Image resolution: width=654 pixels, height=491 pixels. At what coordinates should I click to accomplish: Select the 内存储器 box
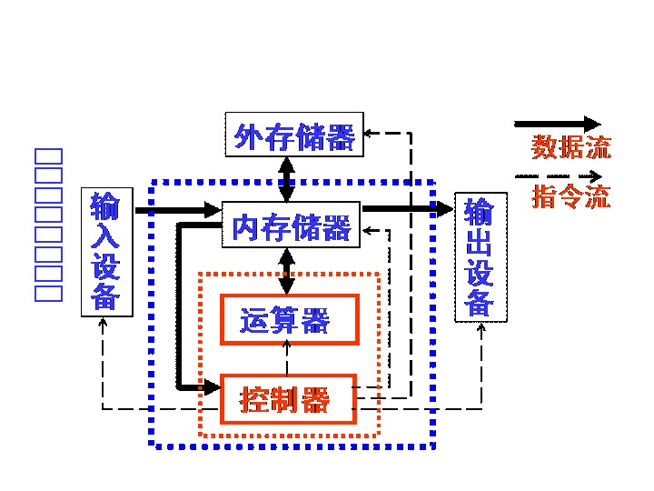[x=291, y=225]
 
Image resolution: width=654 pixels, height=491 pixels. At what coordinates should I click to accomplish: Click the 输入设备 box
[x=106, y=252]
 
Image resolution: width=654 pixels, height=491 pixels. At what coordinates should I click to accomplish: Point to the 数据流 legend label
[x=570, y=147]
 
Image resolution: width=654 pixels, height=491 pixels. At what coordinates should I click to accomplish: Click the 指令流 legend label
[x=570, y=195]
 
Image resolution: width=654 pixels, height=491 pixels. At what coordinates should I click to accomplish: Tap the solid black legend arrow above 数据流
[x=558, y=123]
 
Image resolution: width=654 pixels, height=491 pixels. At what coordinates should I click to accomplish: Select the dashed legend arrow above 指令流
[x=558, y=175]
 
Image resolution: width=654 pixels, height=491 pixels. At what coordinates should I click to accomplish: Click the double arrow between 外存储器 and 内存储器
[x=287, y=179]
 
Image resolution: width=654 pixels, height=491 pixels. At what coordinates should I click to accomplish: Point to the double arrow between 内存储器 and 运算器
[x=287, y=271]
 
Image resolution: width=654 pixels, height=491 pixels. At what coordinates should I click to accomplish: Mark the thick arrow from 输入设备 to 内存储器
[x=178, y=211]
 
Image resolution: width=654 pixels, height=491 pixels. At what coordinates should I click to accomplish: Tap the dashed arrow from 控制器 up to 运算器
[x=287, y=358]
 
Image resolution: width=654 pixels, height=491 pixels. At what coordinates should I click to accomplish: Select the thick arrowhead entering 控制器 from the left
[x=213, y=387]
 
